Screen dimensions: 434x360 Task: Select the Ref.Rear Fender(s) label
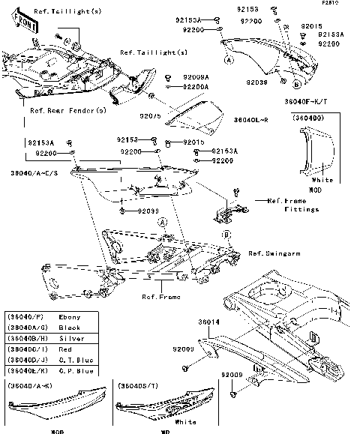67,110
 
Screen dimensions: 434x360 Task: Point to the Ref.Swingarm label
274,254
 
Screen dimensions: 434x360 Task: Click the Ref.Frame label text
161,297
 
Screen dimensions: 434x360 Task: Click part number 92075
151,117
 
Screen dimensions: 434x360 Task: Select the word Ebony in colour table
67,318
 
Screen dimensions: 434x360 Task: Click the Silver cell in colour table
69,339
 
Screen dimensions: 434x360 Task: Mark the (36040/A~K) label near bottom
28,385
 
